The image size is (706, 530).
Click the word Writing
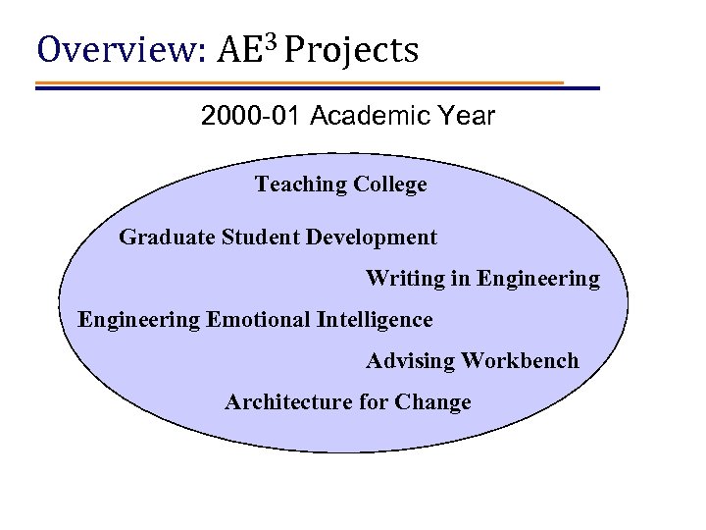404,279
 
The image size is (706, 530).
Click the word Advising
410,361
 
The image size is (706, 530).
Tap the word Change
437,402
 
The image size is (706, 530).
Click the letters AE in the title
242,49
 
